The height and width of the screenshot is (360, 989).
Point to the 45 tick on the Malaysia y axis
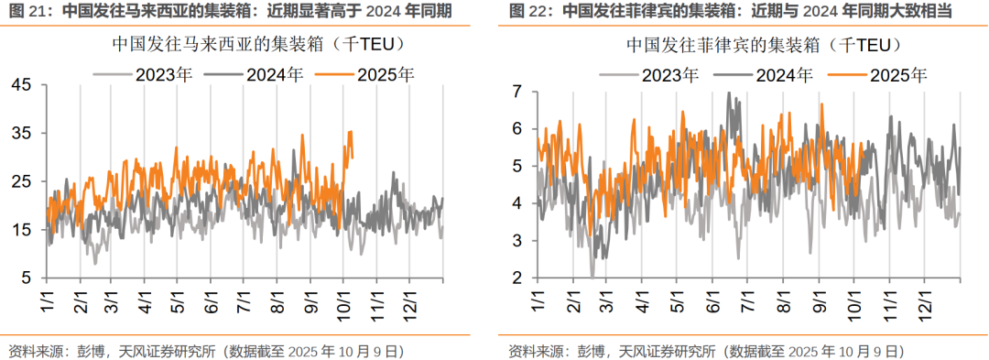[x=21, y=85]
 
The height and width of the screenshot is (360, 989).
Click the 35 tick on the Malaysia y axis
[x=21, y=134]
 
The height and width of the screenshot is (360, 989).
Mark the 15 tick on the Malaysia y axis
[x=21, y=230]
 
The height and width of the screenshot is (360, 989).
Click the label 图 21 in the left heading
[x=26, y=12]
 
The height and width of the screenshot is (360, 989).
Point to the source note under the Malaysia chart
[x=206, y=350]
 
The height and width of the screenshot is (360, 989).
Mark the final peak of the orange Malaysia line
[x=349, y=132]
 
